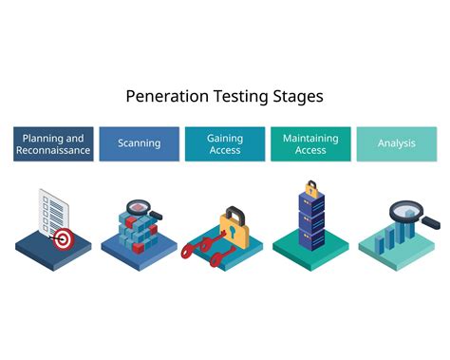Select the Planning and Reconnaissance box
pyautogui.click(x=54, y=143)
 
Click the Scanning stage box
pyautogui.click(x=139, y=143)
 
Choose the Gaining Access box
pyautogui.click(x=224, y=143)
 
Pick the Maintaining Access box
pyautogui.click(x=310, y=143)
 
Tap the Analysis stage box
pyautogui.click(x=396, y=143)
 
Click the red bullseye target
pyautogui.click(x=64, y=239)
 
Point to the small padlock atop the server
pyautogui.click(x=311, y=188)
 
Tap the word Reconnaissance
pyautogui.click(x=54, y=150)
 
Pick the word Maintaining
pyautogui.click(x=310, y=137)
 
